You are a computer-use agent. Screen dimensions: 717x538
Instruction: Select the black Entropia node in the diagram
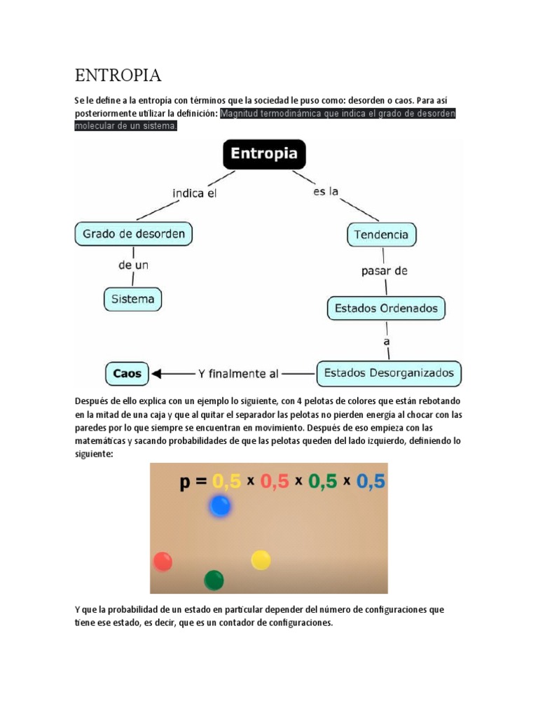click(x=264, y=154)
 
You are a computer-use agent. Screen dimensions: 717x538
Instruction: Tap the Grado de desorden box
click(x=133, y=233)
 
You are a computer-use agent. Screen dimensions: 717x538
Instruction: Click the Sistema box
click(x=132, y=299)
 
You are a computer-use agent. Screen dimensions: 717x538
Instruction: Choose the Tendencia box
click(x=382, y=235)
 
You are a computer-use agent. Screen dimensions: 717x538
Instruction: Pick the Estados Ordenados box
click(x=386, y=308)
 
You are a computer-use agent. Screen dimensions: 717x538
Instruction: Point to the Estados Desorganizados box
click(x=389, y=373)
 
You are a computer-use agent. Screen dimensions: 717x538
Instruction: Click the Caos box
click(x=127, y=373)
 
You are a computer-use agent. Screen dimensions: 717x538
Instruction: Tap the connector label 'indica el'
click(x=194, y=193)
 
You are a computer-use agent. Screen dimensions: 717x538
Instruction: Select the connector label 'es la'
click(x=326, y=191)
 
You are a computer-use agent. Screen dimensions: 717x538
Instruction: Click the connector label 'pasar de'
click(x=384, y=271)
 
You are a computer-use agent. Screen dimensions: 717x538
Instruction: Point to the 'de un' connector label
click(x=133, y=265)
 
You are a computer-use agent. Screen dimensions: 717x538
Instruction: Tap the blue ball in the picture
click(x=220, y=506)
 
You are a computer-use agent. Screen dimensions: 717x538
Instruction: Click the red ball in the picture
click(x=163, y=561)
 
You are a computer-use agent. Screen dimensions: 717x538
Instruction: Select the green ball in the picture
click(x=214, y=580)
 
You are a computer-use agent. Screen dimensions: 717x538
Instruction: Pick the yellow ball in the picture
click(x=261, y=559)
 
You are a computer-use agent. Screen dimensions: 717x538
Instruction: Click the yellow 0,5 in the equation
click(x=226, y=482)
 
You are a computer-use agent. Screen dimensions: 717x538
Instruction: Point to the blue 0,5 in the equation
click(x=371, y=482)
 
